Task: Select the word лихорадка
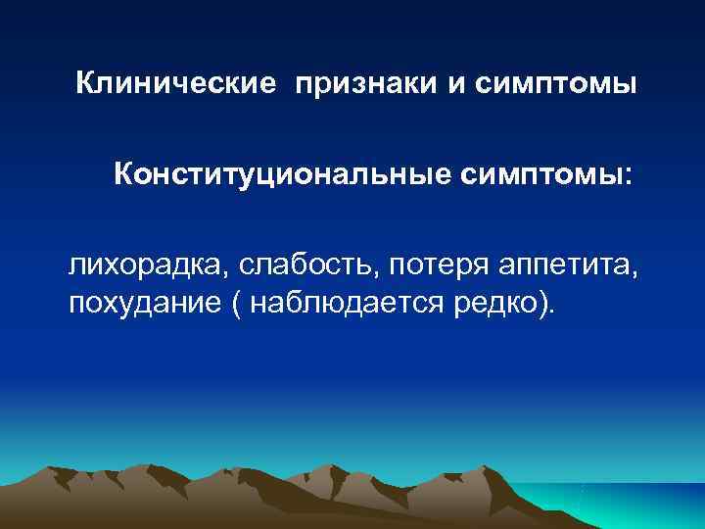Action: click(x=134, y=265)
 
